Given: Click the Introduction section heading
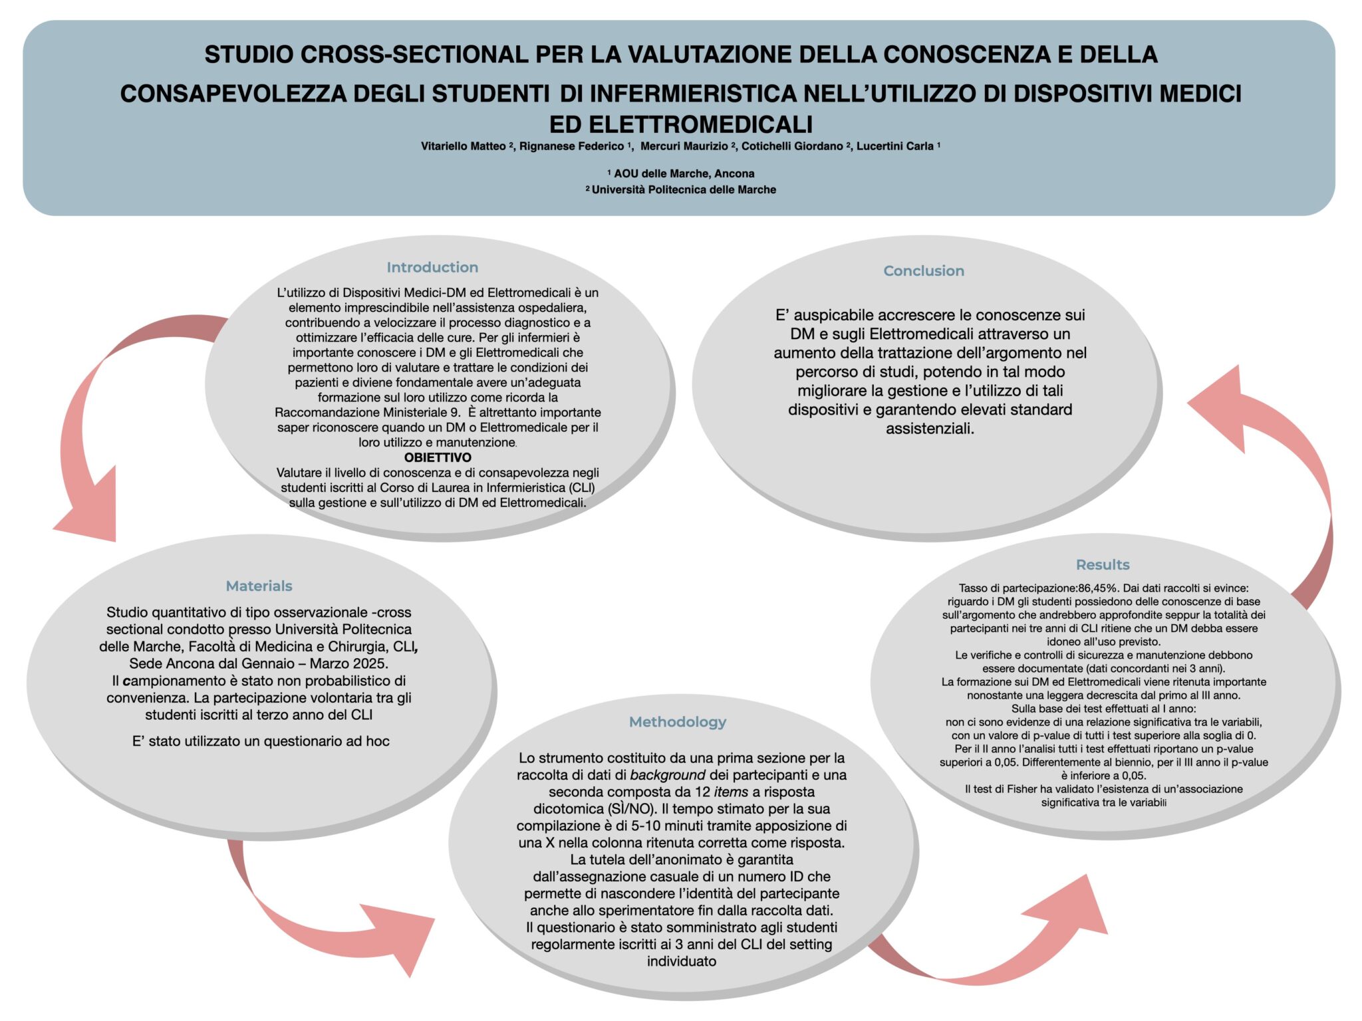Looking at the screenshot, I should [432, 267].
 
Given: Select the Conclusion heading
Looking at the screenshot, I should [923, 271].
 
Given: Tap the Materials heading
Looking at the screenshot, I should [259, 586].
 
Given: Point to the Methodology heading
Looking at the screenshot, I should [677, 721].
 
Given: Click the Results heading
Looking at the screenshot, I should [1102, 564].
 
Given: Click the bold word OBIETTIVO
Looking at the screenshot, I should [438, 457].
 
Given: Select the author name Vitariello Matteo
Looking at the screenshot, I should [464, 146].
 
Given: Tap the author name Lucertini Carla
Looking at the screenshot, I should [894, 146].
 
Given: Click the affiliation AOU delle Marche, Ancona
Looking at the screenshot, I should [684, 173].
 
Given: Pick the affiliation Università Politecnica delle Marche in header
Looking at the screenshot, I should [684, 189].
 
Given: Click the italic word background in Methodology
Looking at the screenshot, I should [667, 775].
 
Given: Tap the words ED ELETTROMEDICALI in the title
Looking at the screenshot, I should [680, 124].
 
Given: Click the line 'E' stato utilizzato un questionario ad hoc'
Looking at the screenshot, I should [261, 741].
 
